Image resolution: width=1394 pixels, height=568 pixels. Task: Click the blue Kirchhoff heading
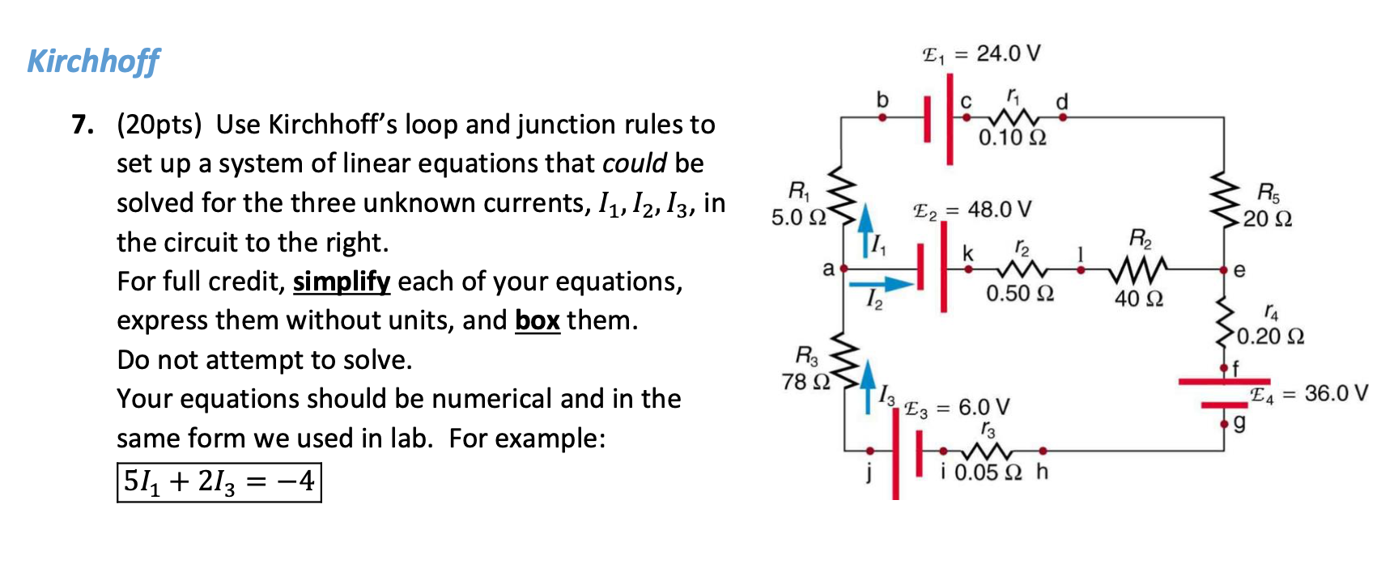93,61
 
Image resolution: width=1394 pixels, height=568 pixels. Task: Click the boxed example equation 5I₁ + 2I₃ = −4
219,482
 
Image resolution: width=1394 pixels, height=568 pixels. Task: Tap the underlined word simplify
342,282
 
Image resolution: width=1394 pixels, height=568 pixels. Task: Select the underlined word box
537,321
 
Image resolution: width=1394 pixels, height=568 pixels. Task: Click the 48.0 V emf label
972,210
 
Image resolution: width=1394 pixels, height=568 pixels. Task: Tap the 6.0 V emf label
958,408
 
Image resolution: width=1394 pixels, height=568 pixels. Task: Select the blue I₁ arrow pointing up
865,230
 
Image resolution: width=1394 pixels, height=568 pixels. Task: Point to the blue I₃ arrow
868,385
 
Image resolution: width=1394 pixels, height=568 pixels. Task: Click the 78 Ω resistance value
806,381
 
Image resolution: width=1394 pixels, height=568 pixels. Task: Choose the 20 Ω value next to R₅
1268,219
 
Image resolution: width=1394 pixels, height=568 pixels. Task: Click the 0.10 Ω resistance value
1012,138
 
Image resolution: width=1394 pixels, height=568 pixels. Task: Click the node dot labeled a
844,268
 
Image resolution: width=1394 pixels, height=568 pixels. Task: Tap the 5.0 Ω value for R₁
798,218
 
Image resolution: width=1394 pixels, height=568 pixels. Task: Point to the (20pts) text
159,125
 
